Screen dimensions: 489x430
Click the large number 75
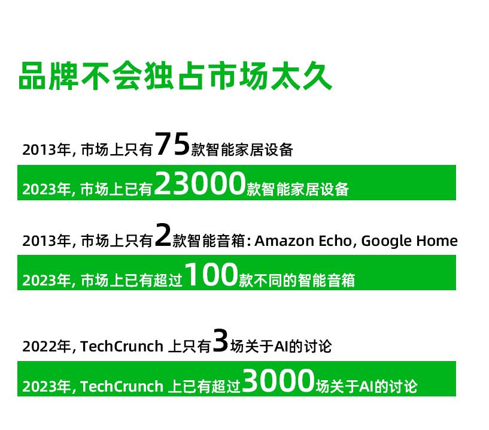[172, 144]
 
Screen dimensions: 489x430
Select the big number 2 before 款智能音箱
[163, 235]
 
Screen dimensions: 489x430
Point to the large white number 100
[211, 275]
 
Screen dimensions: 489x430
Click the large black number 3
[220, 341]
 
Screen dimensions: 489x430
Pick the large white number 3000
[278, 380]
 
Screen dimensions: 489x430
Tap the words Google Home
[409, 241]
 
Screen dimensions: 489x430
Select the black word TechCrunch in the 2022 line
[122, 346]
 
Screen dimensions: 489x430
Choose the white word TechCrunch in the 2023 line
[122, 386]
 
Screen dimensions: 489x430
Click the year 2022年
[47, 346]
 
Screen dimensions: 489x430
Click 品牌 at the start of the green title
[48, 76]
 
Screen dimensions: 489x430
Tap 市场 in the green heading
[238, 76]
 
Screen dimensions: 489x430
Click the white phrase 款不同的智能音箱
[297, 280]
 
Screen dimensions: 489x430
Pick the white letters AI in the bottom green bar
[366, 386]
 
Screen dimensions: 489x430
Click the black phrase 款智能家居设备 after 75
[242, 150]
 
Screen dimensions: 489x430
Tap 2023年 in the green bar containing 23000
[47, 189]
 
